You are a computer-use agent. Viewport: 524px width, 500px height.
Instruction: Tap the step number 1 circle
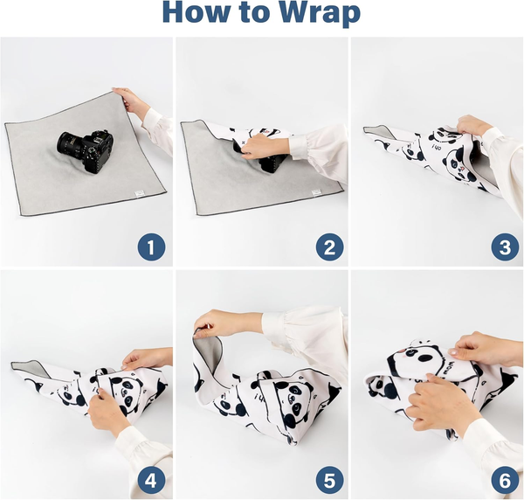pos(151,247)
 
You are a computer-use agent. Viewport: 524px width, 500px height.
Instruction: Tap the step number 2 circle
pos(327,247)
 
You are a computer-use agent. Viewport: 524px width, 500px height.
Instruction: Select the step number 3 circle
pos(504,247)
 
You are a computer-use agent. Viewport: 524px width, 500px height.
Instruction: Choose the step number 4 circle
pos(151,479)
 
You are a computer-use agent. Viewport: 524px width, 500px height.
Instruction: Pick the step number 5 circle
pos(327,479)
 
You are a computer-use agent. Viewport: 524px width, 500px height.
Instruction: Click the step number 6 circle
pos(504,479)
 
